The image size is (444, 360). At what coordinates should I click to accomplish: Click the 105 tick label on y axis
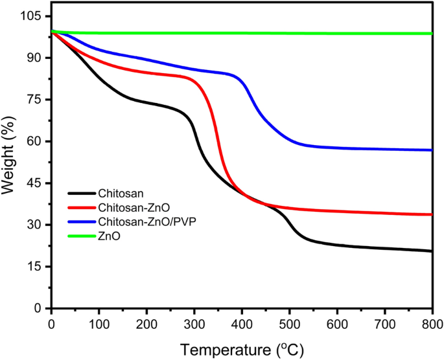pyautogui.click(x=33, y=16)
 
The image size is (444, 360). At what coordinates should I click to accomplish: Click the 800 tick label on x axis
pyautogui.click(x=432, y=322)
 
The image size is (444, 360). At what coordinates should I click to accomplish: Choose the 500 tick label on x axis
pyautogui.click(x=289, y=322)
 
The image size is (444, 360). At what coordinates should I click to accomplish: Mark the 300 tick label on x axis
pyautogui.click(x=194, y=322)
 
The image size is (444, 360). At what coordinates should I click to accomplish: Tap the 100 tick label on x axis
pyautogui.click(x=99, y=322)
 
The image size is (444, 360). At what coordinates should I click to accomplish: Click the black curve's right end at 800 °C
pyautogui.click(x=431, y=251)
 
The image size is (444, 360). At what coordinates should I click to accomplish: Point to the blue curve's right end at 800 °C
pyautogui.click(x=431, y=150)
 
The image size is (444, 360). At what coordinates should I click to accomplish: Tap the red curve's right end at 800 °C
pyautogui.click(x=431, y=214)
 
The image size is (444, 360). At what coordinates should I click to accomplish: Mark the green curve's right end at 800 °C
pyautogui.click(x=431, y=34)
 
